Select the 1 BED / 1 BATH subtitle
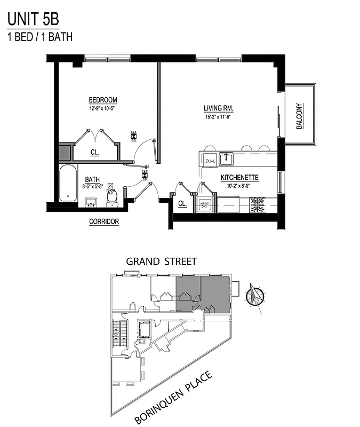[39, 37]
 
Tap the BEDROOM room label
[103, 100]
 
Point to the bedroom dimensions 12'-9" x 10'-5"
[102, 108]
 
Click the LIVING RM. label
[219, 108]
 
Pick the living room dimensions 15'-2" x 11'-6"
[219, 116]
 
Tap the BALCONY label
[299, 116]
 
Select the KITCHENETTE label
[240, 177]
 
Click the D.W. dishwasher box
[210, 159]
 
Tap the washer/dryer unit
[204, 204]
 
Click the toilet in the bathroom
[112, 197]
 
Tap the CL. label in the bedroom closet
[95, 152]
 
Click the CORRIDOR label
[103, 222]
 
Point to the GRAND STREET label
[161, 262]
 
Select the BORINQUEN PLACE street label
[173, 398]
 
